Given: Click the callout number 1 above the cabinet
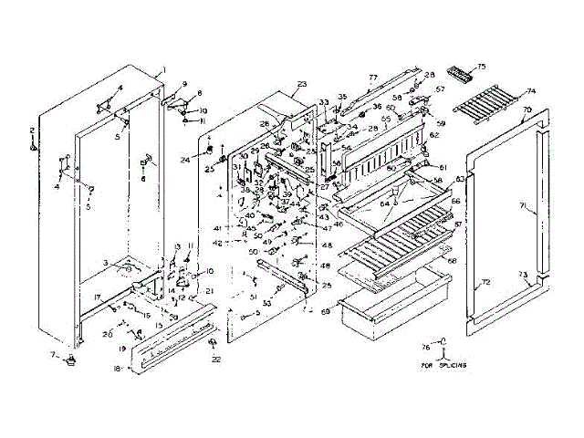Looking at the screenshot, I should click(164, 70).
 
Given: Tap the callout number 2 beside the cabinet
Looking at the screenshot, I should click(32, 130).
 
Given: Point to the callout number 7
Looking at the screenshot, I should click(54, 354).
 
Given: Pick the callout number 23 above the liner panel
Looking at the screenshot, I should click(302, 84).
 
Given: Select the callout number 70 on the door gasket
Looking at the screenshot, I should click(527, 109).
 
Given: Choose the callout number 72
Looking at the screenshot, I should click(485, 282).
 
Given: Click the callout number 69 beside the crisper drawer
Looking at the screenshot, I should click(326, 312).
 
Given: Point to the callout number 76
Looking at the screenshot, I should click(424, 346).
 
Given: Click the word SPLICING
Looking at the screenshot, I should click(451, 364).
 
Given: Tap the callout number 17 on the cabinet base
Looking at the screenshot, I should click(97, 297).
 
